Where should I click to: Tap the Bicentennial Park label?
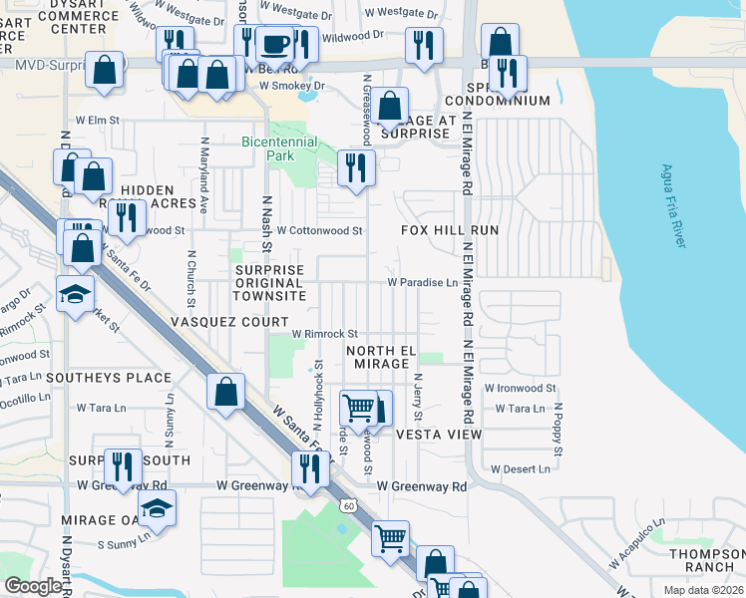tap(280, 149)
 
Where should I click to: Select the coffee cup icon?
tap(274, 46)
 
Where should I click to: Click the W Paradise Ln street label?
tap(430, 282)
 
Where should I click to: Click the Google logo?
tap(34, 586)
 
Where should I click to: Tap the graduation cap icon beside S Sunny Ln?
tap(155, 510)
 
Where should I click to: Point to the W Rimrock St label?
tap(324, 334)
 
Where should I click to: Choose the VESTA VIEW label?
tap(439, 435)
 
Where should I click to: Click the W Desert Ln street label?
tap(520, 468)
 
